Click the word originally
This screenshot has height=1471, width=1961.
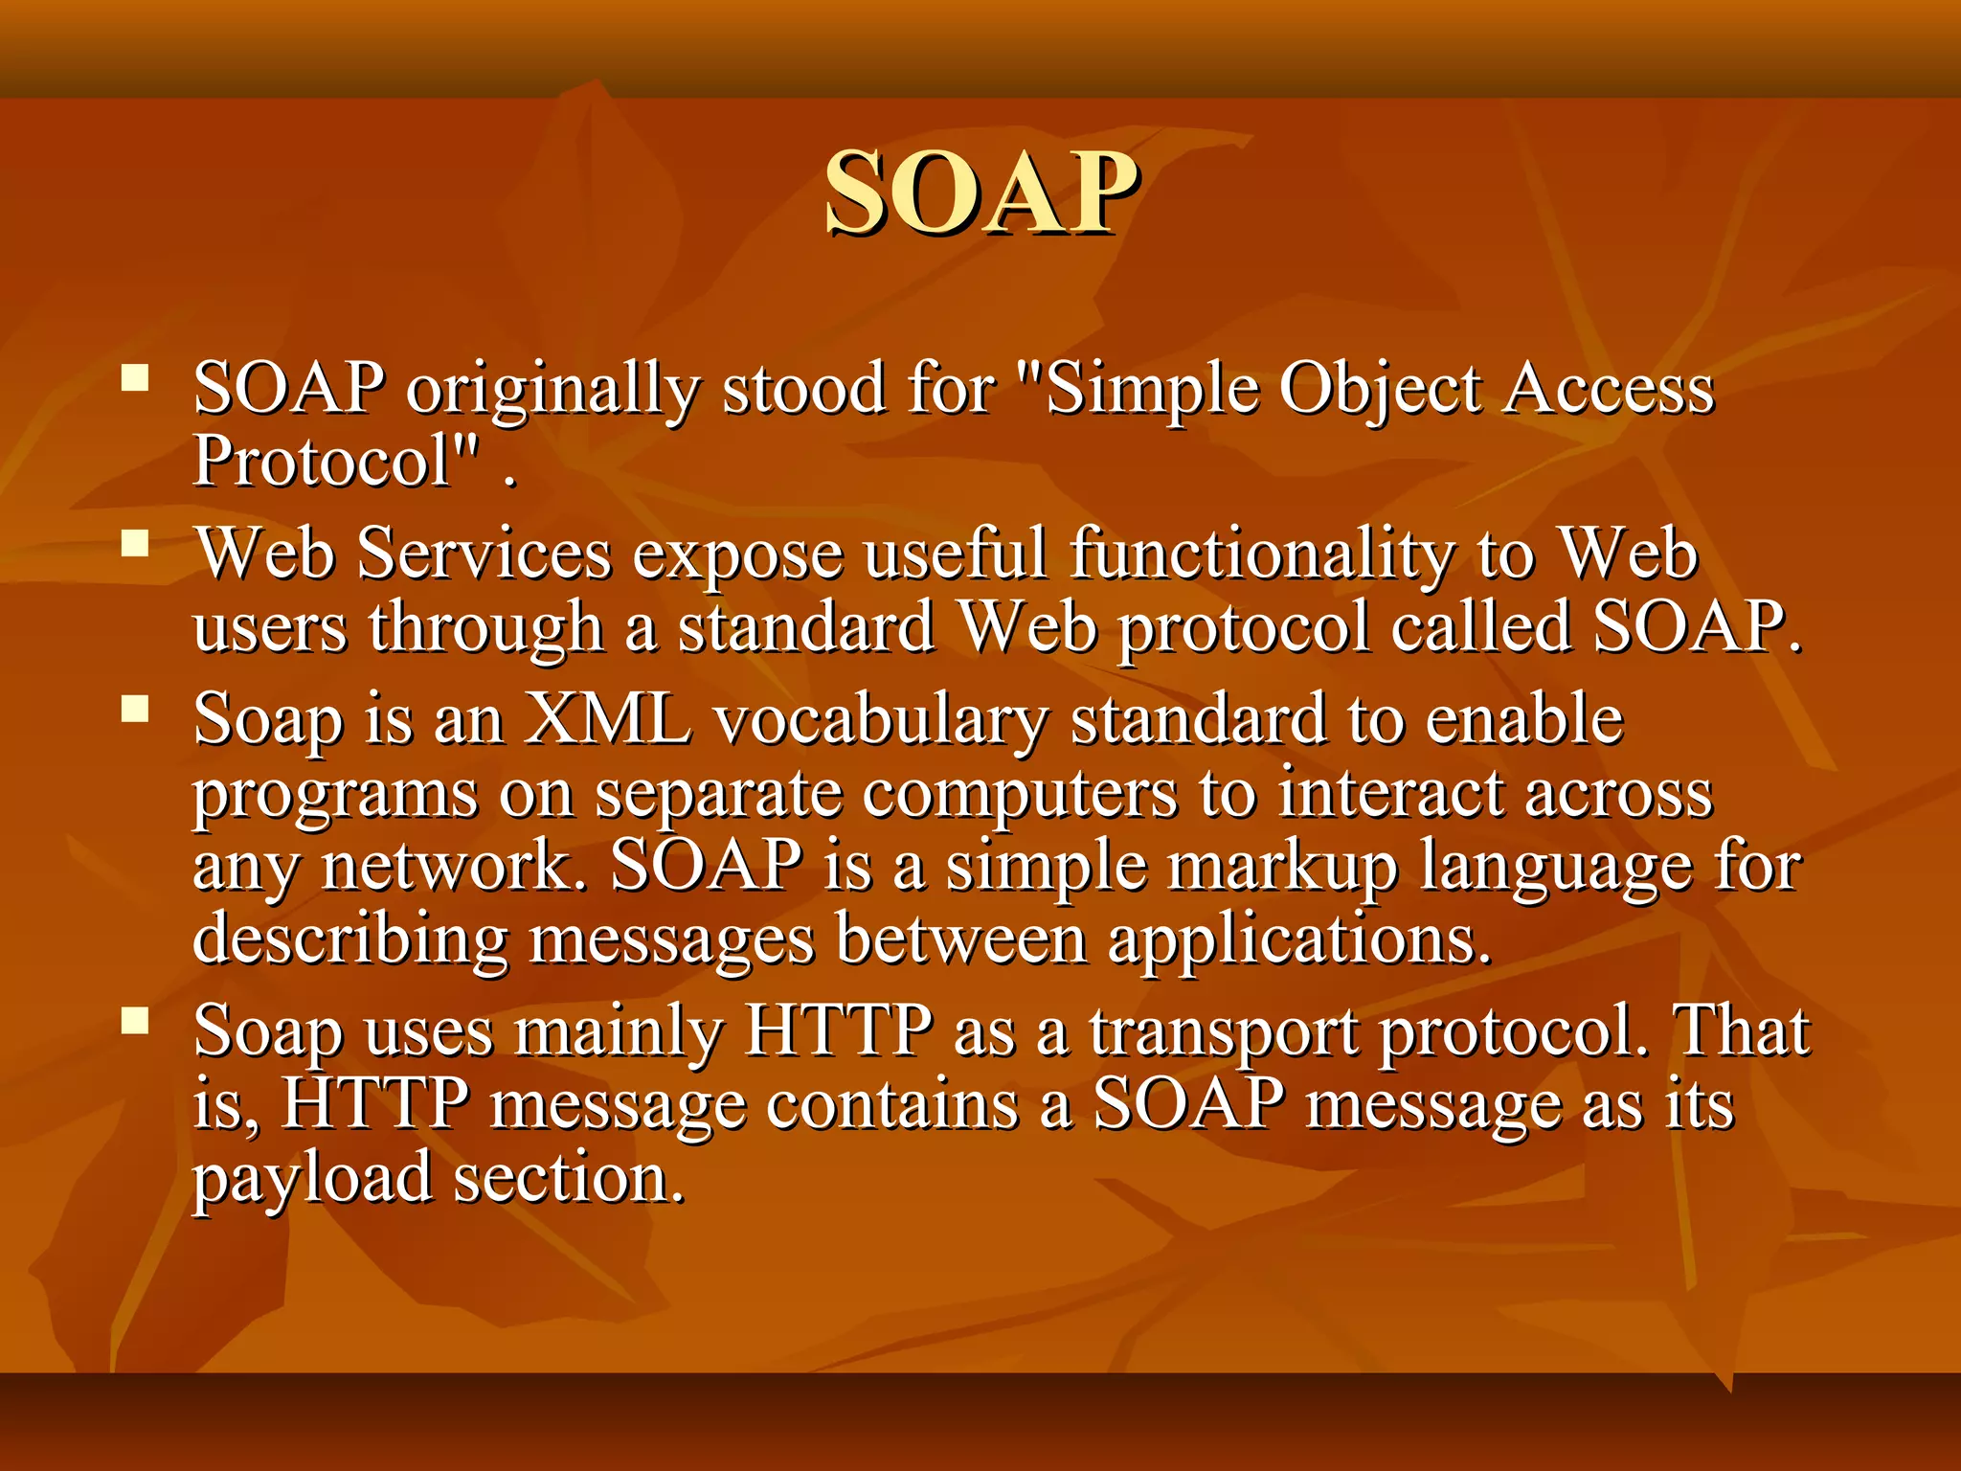tap(553, 391)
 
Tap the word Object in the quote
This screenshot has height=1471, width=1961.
tap(1380, 391)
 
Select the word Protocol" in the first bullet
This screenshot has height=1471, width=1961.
tap(335, 462)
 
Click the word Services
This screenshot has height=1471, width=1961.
tap(485, 554)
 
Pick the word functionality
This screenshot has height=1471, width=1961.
tap(1261, 554)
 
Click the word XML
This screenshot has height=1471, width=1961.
tap(608, 719)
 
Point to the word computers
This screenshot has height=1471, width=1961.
tap(1020, 794)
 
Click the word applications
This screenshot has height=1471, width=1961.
tap(1299, 940)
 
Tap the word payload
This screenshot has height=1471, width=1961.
tap(312, 1178)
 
